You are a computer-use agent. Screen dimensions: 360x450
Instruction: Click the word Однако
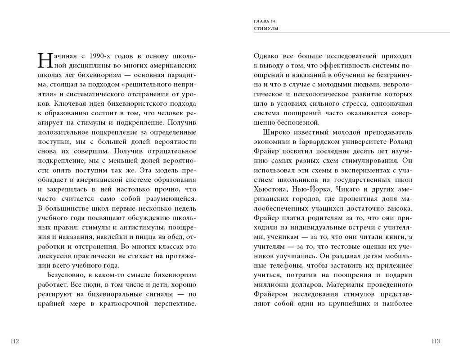pos(265,56)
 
